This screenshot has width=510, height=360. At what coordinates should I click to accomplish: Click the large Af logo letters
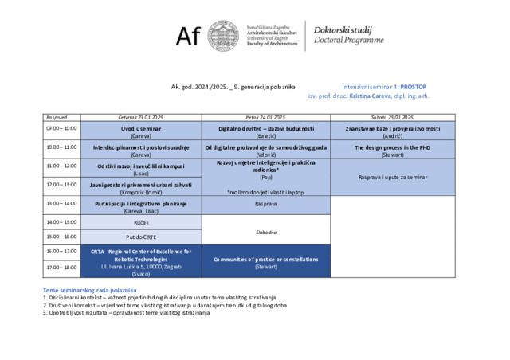pos(189,35)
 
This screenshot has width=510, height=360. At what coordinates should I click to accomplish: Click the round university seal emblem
pos(223,35)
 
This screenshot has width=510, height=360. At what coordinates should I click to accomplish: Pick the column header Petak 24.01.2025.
pos(265,116)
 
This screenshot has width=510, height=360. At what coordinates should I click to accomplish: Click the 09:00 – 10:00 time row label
pos(61,128)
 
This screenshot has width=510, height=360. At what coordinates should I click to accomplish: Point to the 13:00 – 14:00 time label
pos(61,204)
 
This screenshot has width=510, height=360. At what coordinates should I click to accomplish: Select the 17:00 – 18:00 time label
pos(61,267)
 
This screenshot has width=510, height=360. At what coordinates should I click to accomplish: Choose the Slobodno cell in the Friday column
pos(265,232)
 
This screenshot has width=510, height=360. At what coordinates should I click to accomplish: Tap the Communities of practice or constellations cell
pos(265,260)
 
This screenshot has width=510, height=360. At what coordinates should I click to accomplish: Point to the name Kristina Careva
pos(367,96)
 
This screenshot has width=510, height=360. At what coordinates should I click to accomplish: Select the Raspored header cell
pos(61,116)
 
